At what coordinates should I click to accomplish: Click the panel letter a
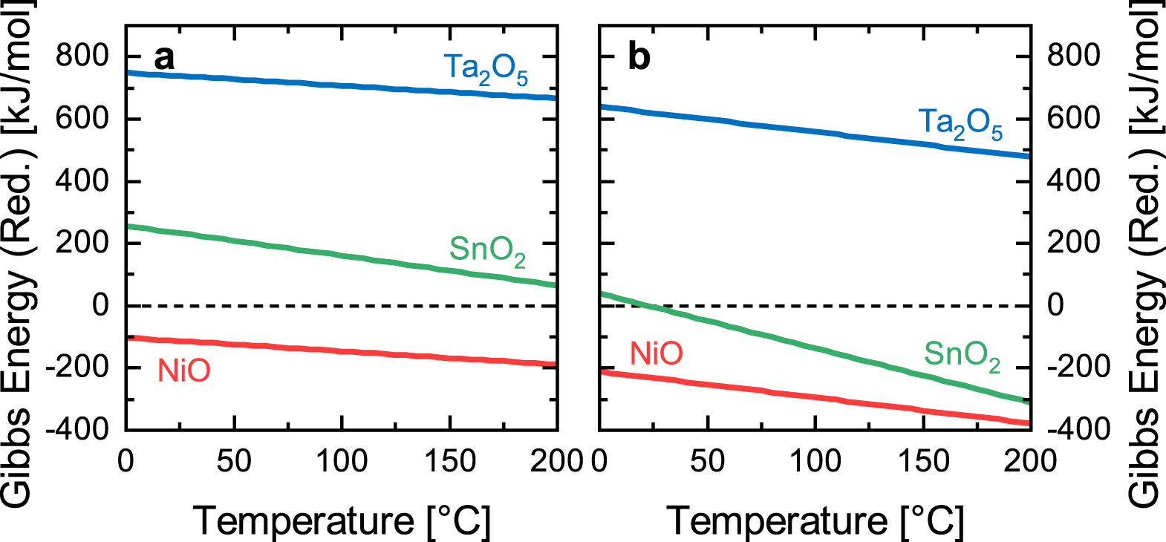coord(164,58)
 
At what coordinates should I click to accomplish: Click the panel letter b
coord(639,57)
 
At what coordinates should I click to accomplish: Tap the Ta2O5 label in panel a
coord(486,69)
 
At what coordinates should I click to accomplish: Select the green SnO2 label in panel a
coord(487,250)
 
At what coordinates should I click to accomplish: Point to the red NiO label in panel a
coord(183,370)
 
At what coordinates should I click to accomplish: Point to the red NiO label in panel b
coord(657,353)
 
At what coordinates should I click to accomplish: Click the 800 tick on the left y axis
coord(82,56)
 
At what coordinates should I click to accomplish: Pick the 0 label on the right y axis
coord(1055,305)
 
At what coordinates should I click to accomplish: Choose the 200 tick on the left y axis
coord(82,243)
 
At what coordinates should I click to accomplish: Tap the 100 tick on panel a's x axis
coord(342,461)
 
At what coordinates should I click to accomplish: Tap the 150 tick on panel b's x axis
coord(923,461)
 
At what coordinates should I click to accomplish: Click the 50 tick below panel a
coord(234,461)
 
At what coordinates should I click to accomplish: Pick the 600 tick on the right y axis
coord(1073,118)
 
